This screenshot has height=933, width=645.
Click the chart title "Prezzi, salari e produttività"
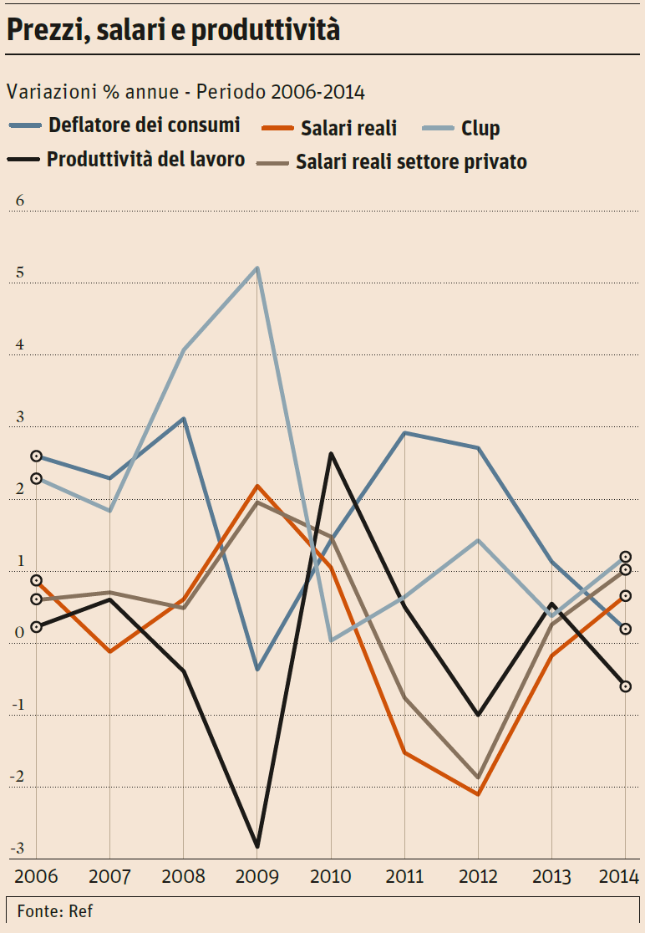[174, 30]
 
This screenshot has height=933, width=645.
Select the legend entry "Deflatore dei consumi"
[144, 125]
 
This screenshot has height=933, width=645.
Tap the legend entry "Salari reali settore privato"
[411, 162]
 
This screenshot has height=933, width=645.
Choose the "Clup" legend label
[480, 128]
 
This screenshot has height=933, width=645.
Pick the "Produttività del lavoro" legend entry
[145, 159]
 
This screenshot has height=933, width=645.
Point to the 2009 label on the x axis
[257, 877]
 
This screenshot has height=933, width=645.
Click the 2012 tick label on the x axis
[478, 877]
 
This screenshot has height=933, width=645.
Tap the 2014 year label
[618, 877]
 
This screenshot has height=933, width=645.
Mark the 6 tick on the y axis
[20, 201]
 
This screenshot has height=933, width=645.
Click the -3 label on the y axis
[18, 848]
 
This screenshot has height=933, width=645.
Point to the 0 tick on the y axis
[20, 632]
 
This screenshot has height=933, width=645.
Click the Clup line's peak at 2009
[257, 268]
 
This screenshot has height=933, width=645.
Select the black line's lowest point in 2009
[257, 847]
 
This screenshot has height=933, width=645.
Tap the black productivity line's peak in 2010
[331, 454]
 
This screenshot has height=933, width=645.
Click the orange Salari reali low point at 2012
[478, 794]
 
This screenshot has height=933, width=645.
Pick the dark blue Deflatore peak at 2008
[184, 418]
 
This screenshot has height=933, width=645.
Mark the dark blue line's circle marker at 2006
[37, 456]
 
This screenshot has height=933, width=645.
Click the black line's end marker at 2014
[625, 686]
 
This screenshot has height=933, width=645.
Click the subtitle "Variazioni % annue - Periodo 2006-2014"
[185, 91]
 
